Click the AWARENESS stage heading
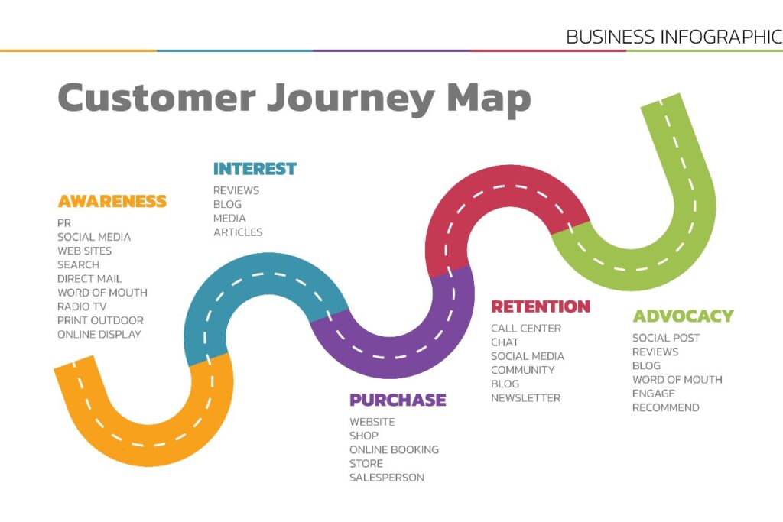point(112,202)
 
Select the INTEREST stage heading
point(255,169)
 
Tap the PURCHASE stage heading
point(398,400)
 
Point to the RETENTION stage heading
point(541,307)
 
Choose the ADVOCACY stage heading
point(683,316)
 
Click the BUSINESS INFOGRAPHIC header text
point(674,37)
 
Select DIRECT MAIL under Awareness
point(89,279)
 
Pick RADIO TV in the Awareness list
point(82,306)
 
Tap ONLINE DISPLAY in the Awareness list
point(99,335)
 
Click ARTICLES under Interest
point(238,232)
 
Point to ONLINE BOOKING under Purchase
point(394,450)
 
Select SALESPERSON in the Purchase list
point(386,478)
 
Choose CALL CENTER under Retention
point(526,329)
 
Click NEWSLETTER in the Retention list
point(525,398)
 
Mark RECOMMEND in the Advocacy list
point(665,408)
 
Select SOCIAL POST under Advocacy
point(666,338)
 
